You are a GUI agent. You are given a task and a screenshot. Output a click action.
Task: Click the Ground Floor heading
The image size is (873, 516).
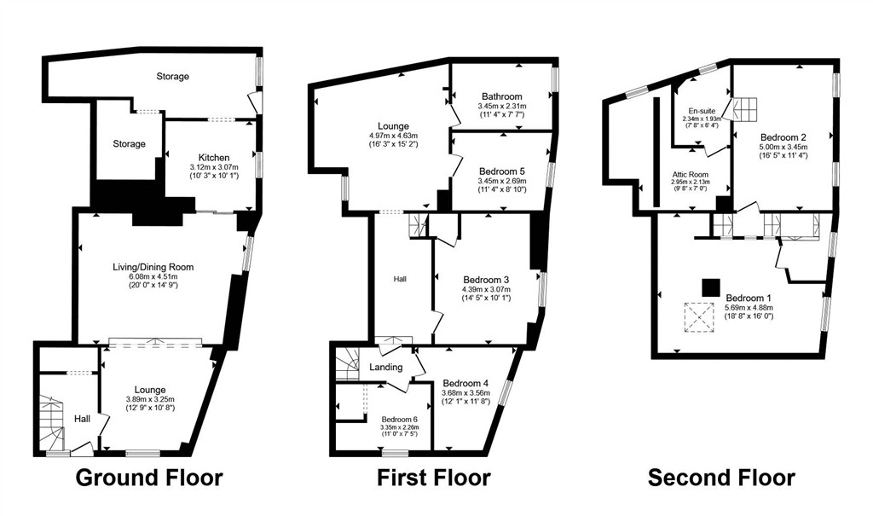[149, 478]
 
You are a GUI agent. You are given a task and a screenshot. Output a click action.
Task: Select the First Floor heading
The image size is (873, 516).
[434, 478]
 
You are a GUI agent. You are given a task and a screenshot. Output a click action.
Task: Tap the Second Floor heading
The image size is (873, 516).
[721, 478]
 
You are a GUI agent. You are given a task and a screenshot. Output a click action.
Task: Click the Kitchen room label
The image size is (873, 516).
[214, 158]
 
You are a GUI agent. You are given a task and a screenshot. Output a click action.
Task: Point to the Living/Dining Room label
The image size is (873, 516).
[153, 267]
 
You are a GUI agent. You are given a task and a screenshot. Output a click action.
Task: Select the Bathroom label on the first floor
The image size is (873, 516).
[502, 96]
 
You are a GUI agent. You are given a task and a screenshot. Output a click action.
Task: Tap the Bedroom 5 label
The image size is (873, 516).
[501, 171]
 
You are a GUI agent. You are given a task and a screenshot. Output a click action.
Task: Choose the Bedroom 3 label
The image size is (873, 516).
[486, 280]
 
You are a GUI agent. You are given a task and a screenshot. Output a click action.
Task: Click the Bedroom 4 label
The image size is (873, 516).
[465, 384]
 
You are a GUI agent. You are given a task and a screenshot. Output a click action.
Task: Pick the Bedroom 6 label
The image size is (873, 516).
[399, 420]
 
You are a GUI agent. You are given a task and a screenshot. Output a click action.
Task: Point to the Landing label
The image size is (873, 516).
[386, 367]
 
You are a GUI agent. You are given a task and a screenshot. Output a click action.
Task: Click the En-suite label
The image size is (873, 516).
[702, 111]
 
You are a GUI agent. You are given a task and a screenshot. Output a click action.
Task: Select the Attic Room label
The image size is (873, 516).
[690, 174]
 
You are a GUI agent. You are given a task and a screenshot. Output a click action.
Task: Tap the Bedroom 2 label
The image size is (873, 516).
[783, 137]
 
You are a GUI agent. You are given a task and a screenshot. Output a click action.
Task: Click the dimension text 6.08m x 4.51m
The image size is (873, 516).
[153, 276]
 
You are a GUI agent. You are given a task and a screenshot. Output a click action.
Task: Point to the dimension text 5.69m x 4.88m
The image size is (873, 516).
[749, 307]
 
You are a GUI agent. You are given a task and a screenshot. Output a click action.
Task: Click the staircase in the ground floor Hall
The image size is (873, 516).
[53, 423]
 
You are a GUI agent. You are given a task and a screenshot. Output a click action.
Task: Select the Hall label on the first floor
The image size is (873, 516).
[400, 279]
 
